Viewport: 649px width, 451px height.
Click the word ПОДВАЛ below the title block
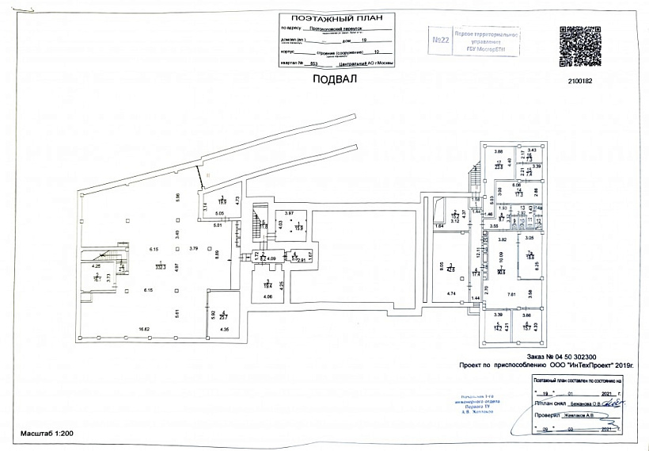335,79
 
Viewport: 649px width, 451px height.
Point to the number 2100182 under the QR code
581,79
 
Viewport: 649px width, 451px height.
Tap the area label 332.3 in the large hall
161,269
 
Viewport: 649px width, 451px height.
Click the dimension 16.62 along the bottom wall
145,328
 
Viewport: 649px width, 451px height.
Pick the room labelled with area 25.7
224,317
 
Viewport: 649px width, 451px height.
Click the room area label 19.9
223,202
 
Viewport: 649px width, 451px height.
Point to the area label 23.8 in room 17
499,166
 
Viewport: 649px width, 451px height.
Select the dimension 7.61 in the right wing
511,295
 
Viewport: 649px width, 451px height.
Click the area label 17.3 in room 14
519,193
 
